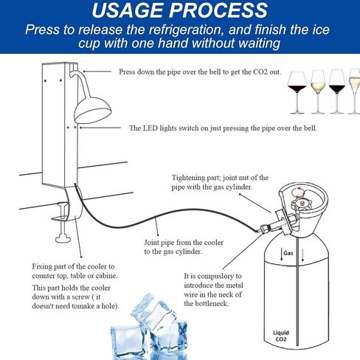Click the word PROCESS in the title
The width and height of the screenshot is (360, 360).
221,11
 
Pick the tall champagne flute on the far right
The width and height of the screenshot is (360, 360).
353,89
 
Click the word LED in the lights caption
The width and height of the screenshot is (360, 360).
153,128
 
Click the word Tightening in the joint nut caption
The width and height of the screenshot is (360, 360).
189,178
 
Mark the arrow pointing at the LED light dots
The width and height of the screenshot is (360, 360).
96,128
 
